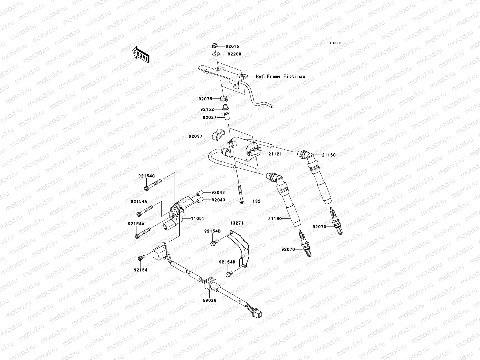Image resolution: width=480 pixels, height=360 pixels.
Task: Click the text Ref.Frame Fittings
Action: click(280, 76)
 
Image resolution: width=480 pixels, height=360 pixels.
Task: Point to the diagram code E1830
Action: click(335, 43)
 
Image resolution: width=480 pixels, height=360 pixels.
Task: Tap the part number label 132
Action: click(256, 201)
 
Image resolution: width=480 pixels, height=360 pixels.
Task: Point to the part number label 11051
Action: click(198, 219)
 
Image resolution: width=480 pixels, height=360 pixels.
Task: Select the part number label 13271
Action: click(237, 223)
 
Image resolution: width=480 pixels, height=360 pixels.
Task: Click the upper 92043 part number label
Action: click(218, 192)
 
